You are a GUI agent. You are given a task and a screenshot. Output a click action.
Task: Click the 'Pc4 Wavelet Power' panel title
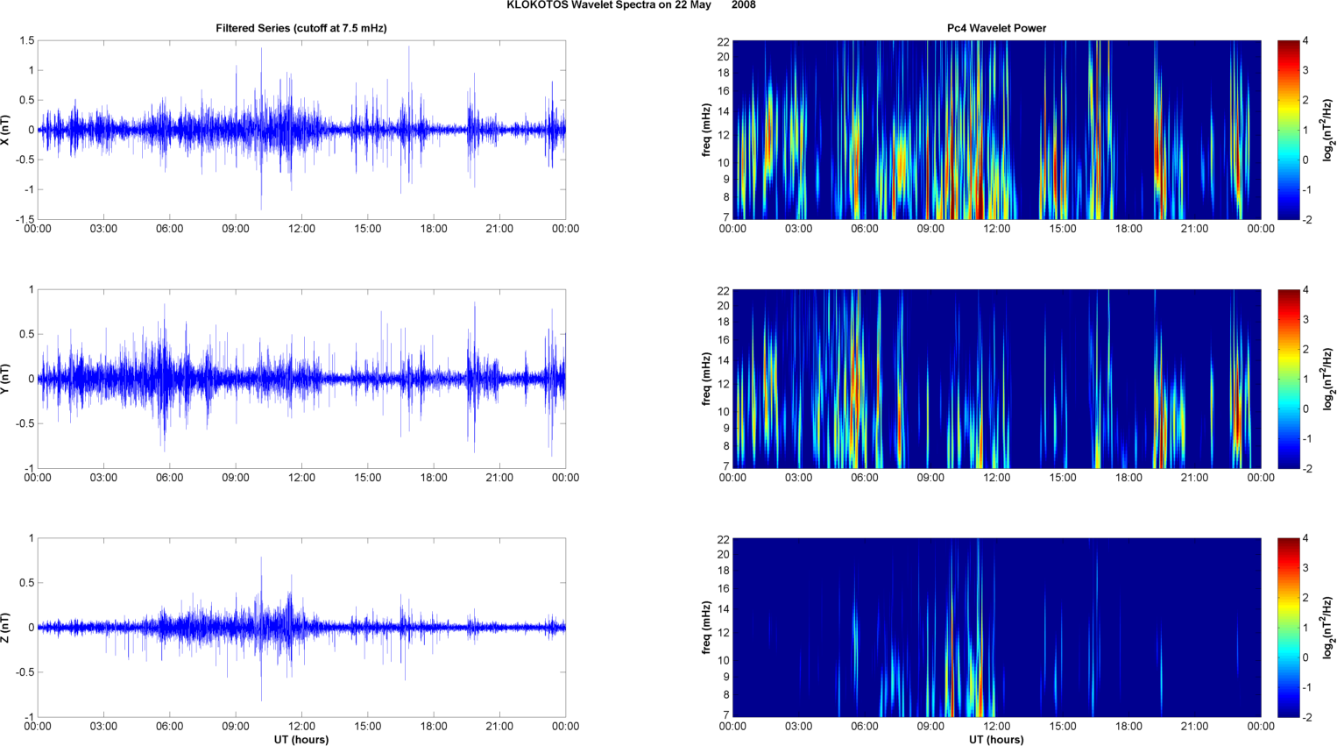tap(996, 28)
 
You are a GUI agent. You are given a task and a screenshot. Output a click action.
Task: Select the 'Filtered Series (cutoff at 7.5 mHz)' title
tap(301, 28)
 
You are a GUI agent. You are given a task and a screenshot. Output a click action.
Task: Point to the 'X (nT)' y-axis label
tap(6, 130)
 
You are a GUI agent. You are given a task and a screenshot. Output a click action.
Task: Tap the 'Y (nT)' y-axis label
tap(6, 379)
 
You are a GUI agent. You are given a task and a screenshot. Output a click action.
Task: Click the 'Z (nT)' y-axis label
tap(6, 628)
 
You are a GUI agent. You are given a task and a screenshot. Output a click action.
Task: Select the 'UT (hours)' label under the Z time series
tap(301, 739)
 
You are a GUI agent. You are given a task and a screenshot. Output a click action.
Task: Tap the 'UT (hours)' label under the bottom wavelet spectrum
tap(996, 739)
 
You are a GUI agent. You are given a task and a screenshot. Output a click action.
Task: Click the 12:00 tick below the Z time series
tap(301, 726)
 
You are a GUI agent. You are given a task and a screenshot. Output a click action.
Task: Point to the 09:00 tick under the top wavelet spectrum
tap(930, 229)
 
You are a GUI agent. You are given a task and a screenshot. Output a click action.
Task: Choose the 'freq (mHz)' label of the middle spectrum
tap(706, 379)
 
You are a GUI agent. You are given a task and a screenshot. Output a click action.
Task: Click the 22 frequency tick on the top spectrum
tap(724, 41)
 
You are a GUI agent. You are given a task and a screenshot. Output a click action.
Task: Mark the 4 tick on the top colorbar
tap(1305, 41)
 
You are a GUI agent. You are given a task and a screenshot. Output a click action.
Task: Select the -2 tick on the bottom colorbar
tap(1305, 717)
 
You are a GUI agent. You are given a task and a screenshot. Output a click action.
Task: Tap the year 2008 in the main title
tap(743, 5)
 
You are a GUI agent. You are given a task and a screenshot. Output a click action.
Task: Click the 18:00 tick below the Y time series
tap(434, 478)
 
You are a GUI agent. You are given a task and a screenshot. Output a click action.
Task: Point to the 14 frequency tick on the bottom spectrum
tap(724, 608)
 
